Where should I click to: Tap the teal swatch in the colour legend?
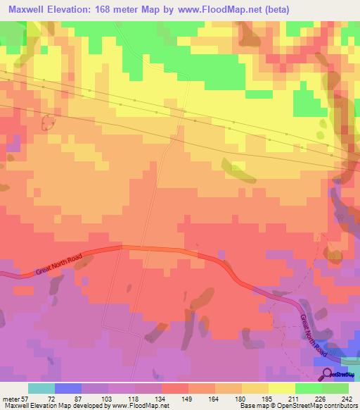[x=41, y=388]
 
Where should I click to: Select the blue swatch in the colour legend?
[x=67, y=388]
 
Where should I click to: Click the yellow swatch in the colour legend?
[x=281, y=388]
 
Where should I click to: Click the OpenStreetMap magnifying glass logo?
[x=326, y=374]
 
